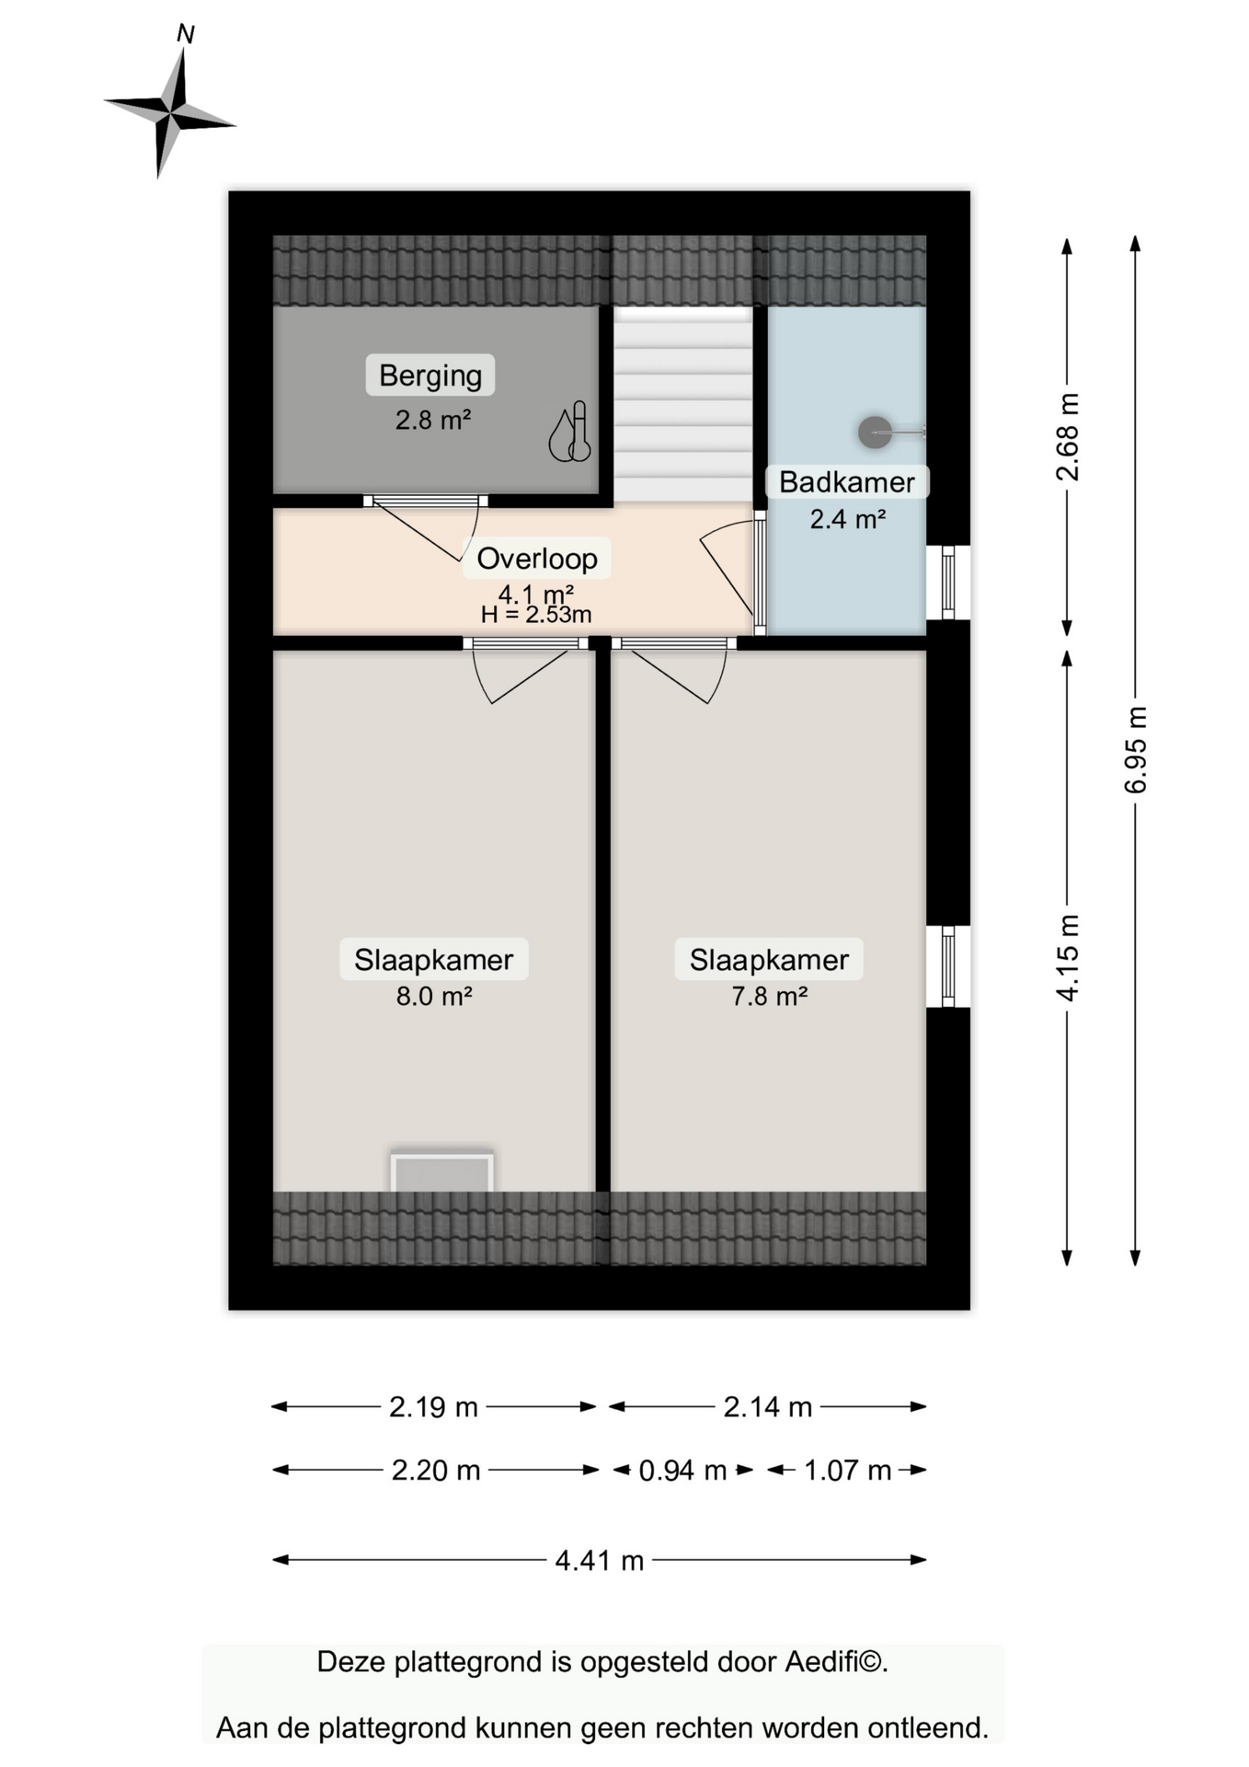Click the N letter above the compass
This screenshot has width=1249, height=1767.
pyautogui.click(x=185, y=34)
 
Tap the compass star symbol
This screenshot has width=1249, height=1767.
pyautogui.click(x=170, y=113)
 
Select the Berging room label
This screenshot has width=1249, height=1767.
pyautogui.click(x=430, y=375)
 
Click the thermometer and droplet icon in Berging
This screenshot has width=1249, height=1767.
pyautogui.click(x=570, y=432)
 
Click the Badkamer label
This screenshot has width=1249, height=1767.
pyautogui.click(x=847, y=482)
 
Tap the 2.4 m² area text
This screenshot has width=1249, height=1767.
pyautogui.click(x=847, y=519)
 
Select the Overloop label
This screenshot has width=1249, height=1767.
pyautogui.click(x=537, y=559)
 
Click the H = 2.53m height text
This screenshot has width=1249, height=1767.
pyautogui.click(x=536, y=615)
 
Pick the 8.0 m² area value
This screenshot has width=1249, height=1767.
pyautogui.click(x=434, y=996)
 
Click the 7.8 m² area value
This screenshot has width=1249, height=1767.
pyautogui.click(x=770, y=996)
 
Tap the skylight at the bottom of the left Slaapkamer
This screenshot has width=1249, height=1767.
pyautogui.click(x=442, y=1171)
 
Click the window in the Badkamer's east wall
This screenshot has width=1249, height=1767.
pyautogui.click(x=948, y=583)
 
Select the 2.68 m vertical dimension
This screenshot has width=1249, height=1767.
pyautogui.click(x=1068, y=436)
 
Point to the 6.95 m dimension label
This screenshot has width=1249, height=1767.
pyautogui.click(x=1136, y=750)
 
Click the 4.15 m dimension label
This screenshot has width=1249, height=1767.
pyautogui.click(x=1068, y=958)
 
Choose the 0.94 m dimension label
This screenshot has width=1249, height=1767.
pyautogui.click(x=683, y=1471)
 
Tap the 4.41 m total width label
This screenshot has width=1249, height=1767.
pyautogui.click(x=600, y=1561)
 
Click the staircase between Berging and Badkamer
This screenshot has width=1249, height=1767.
pyautogui.click(x=683, y=405)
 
